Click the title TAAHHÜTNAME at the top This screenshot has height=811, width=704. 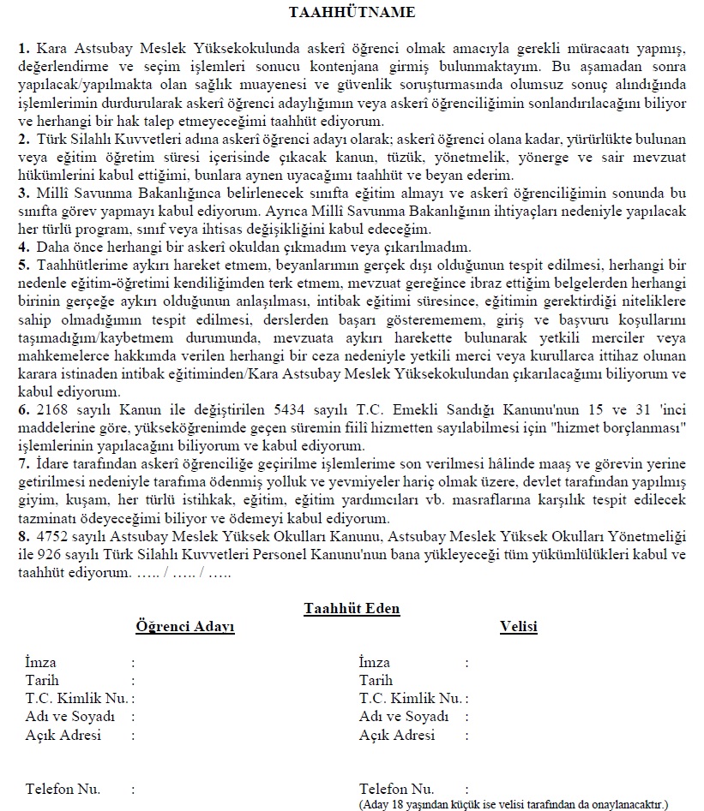[x=352, y=12]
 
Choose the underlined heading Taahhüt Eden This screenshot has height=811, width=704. [x=352, y=609]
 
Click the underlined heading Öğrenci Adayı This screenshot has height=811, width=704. [x=185, y=627]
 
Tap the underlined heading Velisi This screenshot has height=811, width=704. [x=518, y=627]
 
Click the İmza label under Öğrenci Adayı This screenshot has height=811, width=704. [x=40, y=662]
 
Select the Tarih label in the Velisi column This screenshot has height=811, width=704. [x=376, y=680]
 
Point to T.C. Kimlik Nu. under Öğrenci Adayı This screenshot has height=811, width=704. [x=77, y=698]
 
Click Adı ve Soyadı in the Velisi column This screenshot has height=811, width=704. [x=404, y=716]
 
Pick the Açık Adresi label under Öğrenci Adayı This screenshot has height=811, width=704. [x=63, y=735]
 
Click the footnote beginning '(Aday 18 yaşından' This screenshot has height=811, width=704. [x=514, y=805]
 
